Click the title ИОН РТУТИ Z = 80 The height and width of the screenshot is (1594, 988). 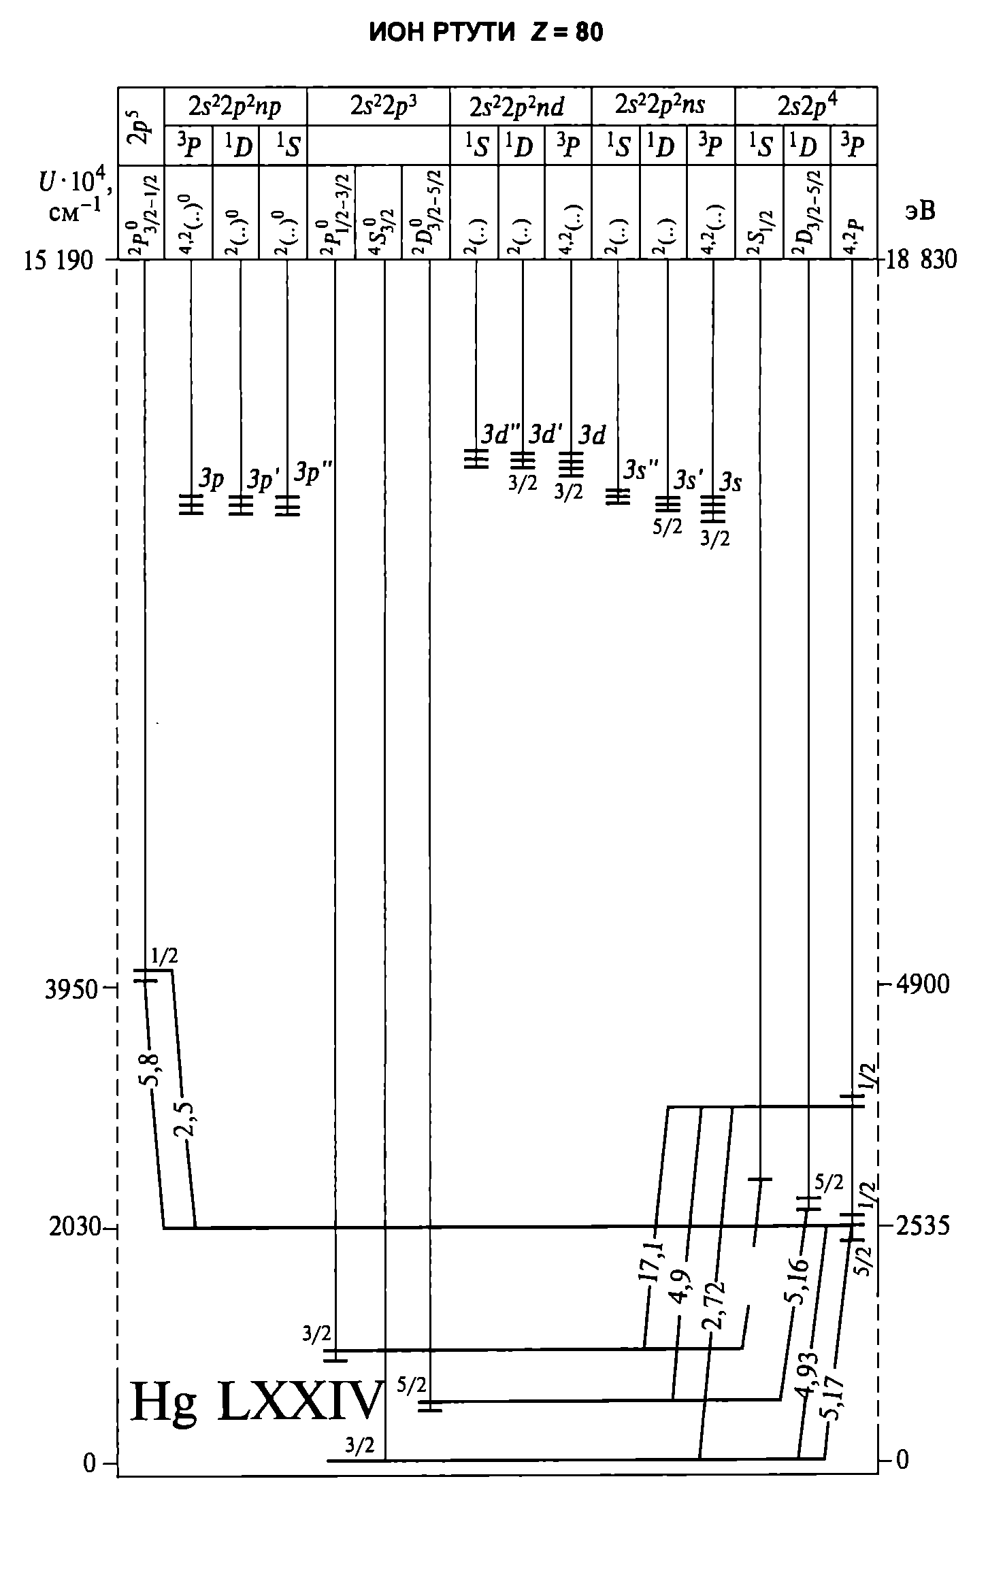[486, 33]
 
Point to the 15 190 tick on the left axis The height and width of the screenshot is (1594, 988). [59, 260]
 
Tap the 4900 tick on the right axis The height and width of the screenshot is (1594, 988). [921, 984]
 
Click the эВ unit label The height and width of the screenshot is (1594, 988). [919, 211]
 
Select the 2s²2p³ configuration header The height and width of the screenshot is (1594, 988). [378, 105]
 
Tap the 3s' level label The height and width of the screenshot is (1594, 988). [689, 481]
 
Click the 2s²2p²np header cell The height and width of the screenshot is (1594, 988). [235, 107]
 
